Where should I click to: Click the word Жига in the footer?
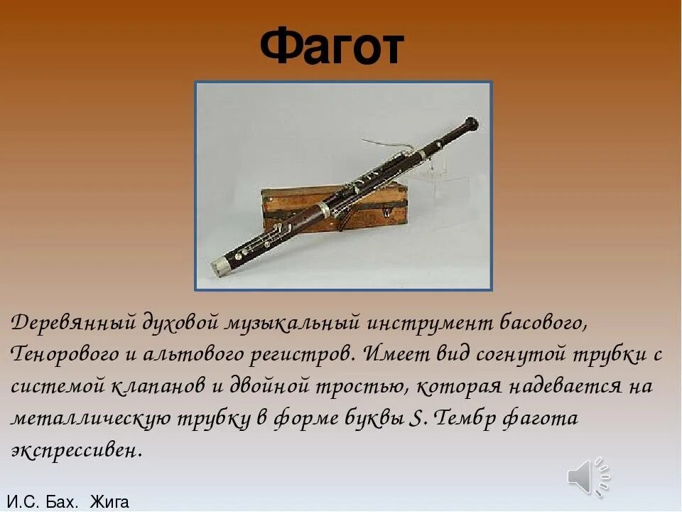coord(109,502)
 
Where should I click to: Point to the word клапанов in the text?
coord(158,388)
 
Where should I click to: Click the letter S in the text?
coord(417,419)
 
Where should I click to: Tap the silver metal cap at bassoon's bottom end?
coord(222,267)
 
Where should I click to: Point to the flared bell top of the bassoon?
coord(470,125)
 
